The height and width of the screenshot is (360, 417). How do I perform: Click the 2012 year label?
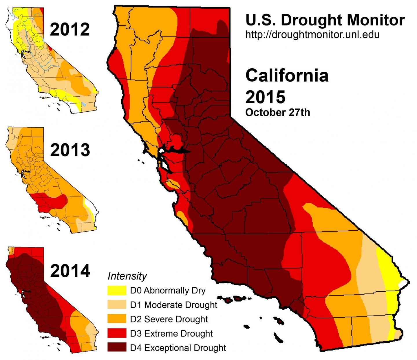click(x=70, y=30)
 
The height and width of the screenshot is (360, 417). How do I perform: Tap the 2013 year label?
click(x=70, y=150)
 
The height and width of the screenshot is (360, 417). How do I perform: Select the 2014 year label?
click(x=70, y=271)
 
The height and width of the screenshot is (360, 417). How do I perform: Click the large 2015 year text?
click(x=265, y=97)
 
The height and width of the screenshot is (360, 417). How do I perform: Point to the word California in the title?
click(x=287, y=76)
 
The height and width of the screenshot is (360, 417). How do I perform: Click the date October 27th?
click(x=277, y=112)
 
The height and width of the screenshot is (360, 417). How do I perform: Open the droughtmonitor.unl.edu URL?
click(x=312, y=35)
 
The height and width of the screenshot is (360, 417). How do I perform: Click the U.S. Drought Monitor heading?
click(x=325, y=20)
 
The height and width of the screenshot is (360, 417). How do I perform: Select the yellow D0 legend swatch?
click(x=117, y=291)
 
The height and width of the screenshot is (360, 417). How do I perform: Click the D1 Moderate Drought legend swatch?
click(x=117, y=305)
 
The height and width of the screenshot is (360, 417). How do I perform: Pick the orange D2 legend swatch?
click(x=117, y=319)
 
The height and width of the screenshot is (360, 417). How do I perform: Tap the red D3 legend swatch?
click(x=117, y=333)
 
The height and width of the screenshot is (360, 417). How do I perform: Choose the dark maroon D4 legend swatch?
click(x=117, y=347)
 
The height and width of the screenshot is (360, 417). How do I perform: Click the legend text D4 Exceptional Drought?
click(x=178, y=348)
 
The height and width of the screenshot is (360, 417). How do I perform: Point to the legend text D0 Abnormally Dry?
click(x=168, y=291)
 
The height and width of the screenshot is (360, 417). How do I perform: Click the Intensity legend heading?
click(x=127, y=276)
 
